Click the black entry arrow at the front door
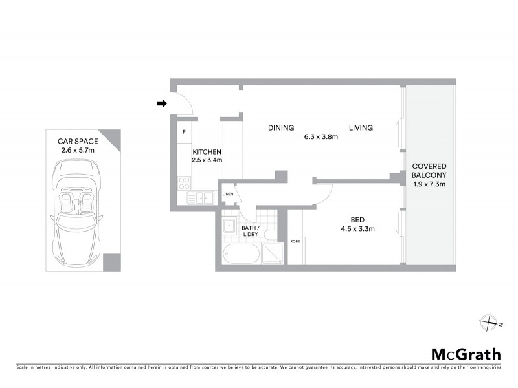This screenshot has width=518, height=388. (x=161, y=103)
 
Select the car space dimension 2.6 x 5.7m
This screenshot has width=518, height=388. (x=75, y=150)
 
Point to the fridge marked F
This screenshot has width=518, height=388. (x=184, y=133)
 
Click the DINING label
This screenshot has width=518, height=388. (x=281, y=127)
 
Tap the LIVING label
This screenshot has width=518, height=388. (x=361, y=127)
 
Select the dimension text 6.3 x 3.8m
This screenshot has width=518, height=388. (x=321, y=136)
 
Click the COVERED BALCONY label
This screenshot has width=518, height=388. (x=429, y=170)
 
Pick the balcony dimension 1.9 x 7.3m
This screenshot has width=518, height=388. (x=429, y=184)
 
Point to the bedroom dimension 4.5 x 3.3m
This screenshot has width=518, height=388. (x=358, y=228)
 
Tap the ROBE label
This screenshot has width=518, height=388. (x=295, y=241)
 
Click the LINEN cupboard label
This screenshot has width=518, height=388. (x=227, y=193)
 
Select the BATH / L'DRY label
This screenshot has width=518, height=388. (x=250, y=231)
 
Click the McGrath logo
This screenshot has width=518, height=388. (x=466, y=354)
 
